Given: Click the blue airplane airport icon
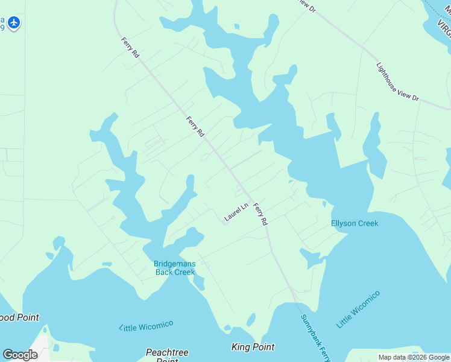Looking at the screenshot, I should click(14, 24).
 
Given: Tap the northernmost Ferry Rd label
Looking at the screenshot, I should click(130, 46).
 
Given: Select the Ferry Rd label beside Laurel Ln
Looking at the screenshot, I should click(260, 214).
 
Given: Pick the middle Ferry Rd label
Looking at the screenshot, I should click(195, 127).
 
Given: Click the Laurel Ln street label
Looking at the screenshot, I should click(236, 212).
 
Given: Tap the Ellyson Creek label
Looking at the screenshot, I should click(355, 224).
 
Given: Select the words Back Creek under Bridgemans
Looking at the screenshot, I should click(175, 272).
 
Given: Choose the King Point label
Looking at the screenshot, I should click(253, 347).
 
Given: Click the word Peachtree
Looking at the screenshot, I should click(167, 352).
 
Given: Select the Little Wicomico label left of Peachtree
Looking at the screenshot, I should click(146, 326).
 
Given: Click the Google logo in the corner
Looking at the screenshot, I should click(20, 355).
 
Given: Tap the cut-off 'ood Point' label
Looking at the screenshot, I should click(19, 317).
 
